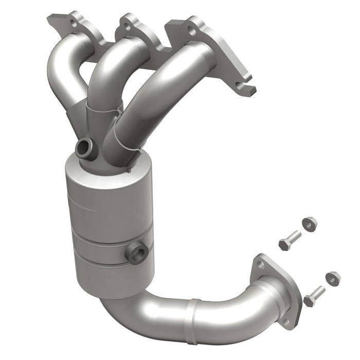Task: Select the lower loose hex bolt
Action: click(x=314, y=295)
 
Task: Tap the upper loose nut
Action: click(x=310, y=224)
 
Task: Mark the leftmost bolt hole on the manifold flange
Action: click(x=72, y=22)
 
